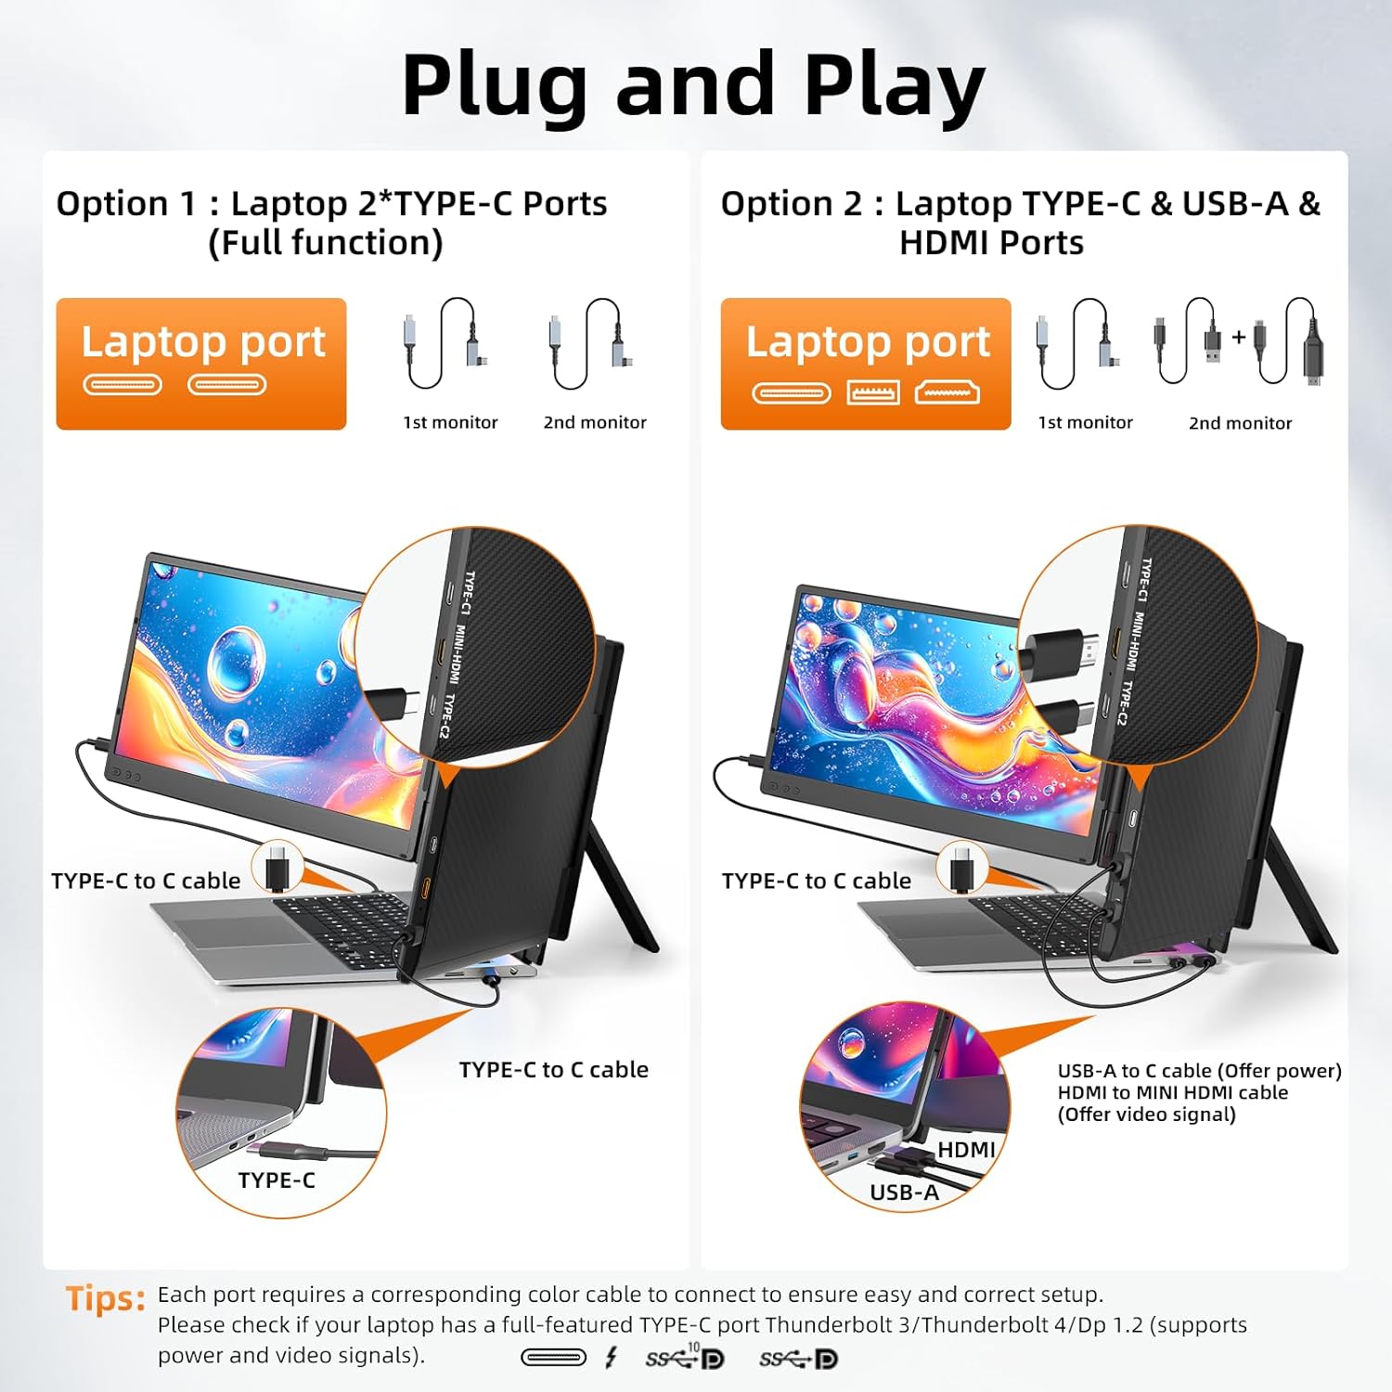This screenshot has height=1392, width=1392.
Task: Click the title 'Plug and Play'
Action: click(693, 85)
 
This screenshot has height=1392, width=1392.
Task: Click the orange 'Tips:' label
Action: click(106, 1298)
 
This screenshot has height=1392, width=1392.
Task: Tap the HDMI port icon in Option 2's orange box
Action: click(947, 393)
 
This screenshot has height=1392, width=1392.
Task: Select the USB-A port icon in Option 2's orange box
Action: click(873, 393)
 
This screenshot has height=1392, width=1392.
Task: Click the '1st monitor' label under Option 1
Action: click(450, 422)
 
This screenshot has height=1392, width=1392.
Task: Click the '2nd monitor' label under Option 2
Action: click(1240, 423)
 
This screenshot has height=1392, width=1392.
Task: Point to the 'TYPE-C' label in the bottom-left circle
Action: click(277, 1180)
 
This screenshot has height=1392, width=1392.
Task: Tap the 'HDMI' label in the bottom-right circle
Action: click(966, 1150)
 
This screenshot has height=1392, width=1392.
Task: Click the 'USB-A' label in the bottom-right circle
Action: click(904, 1192)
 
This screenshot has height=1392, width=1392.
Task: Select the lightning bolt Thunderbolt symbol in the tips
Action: click(611, 1359)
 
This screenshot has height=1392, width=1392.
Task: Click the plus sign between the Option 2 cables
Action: click(1238, 337)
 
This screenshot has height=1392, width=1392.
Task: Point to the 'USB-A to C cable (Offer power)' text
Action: click(1200, 1071)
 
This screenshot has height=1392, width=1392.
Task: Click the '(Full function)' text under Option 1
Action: click(326, 243)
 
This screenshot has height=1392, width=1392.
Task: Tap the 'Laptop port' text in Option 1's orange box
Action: click(203, 342)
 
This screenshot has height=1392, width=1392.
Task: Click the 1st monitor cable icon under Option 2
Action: click(1079, 343)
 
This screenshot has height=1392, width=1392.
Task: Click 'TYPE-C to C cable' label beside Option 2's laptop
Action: click(817, 881)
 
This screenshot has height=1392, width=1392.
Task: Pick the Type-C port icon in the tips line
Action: click(553, 1359)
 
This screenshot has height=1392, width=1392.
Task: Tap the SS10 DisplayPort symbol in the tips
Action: click(685, 1357)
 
